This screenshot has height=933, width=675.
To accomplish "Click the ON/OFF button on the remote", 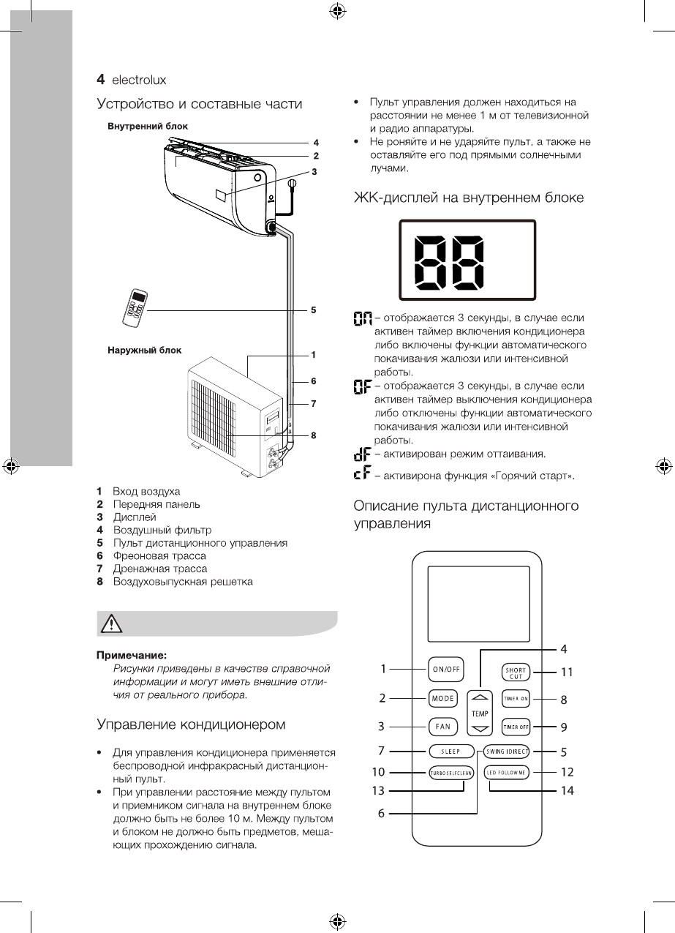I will [x=442, y=668].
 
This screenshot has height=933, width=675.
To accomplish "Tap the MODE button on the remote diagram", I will [x=442, y=698].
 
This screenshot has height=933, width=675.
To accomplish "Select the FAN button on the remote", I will [x=442, y=727].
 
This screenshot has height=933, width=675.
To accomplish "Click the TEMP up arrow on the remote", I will [x=479, y=697].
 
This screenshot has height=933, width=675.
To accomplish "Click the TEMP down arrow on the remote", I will [x=479, y=729].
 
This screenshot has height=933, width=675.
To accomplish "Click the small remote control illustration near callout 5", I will [x=136, y=307].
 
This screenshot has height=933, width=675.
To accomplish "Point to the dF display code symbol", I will [x=361, y=456].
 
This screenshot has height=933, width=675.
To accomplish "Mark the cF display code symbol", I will [x=361, y=476].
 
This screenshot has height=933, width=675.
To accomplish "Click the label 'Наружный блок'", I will [x=140, y=350].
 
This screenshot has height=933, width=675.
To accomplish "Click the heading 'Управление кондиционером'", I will [x=191, y=724].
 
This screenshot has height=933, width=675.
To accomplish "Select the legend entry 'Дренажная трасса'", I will [x=159, y=569].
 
